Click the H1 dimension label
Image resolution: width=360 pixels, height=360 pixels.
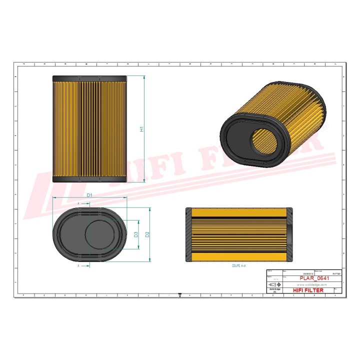tap(142, 129)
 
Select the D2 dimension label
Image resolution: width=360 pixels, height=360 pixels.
tap(147, 234)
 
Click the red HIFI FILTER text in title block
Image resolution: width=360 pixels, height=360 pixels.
tap(307, 290)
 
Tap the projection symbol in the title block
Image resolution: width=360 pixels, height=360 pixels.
tap(273, 284)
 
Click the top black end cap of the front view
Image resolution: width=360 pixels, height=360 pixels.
tap(90, 78)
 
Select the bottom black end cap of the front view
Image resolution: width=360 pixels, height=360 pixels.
tap(90, 179)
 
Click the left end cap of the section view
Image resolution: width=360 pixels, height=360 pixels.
tap(188, 235)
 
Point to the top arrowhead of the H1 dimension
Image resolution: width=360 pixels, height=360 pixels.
tap(144, 77)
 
